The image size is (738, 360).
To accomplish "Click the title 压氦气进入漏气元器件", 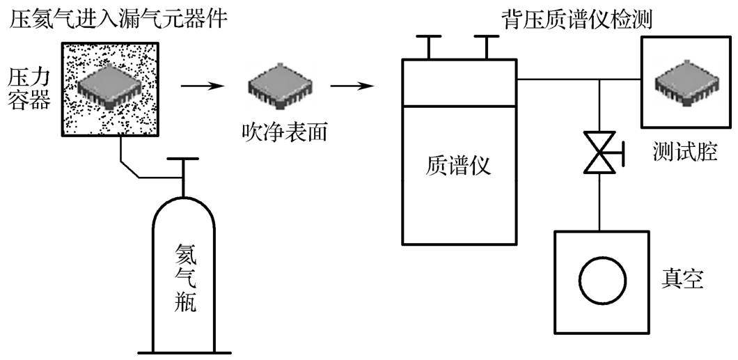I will click(118, 17).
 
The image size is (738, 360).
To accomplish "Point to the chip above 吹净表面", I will click(277, 85).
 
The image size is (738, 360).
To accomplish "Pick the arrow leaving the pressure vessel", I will click(201, 86).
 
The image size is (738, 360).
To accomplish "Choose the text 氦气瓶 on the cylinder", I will click(184, 276).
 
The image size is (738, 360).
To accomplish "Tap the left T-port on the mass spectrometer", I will click(429, 45).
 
